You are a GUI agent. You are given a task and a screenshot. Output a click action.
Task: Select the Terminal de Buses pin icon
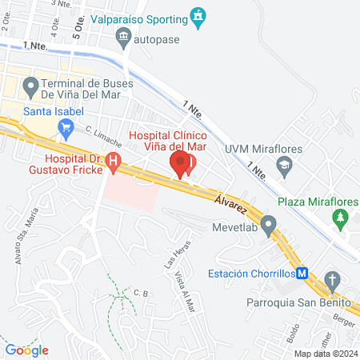(x=31, y=84)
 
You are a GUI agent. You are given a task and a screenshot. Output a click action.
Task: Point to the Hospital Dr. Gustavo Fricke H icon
(x=114, y=162)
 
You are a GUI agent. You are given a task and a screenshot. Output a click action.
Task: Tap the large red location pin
(x=181, y=165)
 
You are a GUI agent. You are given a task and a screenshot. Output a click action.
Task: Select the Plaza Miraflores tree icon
(x=342, y=217)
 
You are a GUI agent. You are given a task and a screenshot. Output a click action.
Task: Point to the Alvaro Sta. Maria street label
(x=29, y=232)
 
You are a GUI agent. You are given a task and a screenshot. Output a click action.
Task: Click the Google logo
(x=27, y=350)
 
